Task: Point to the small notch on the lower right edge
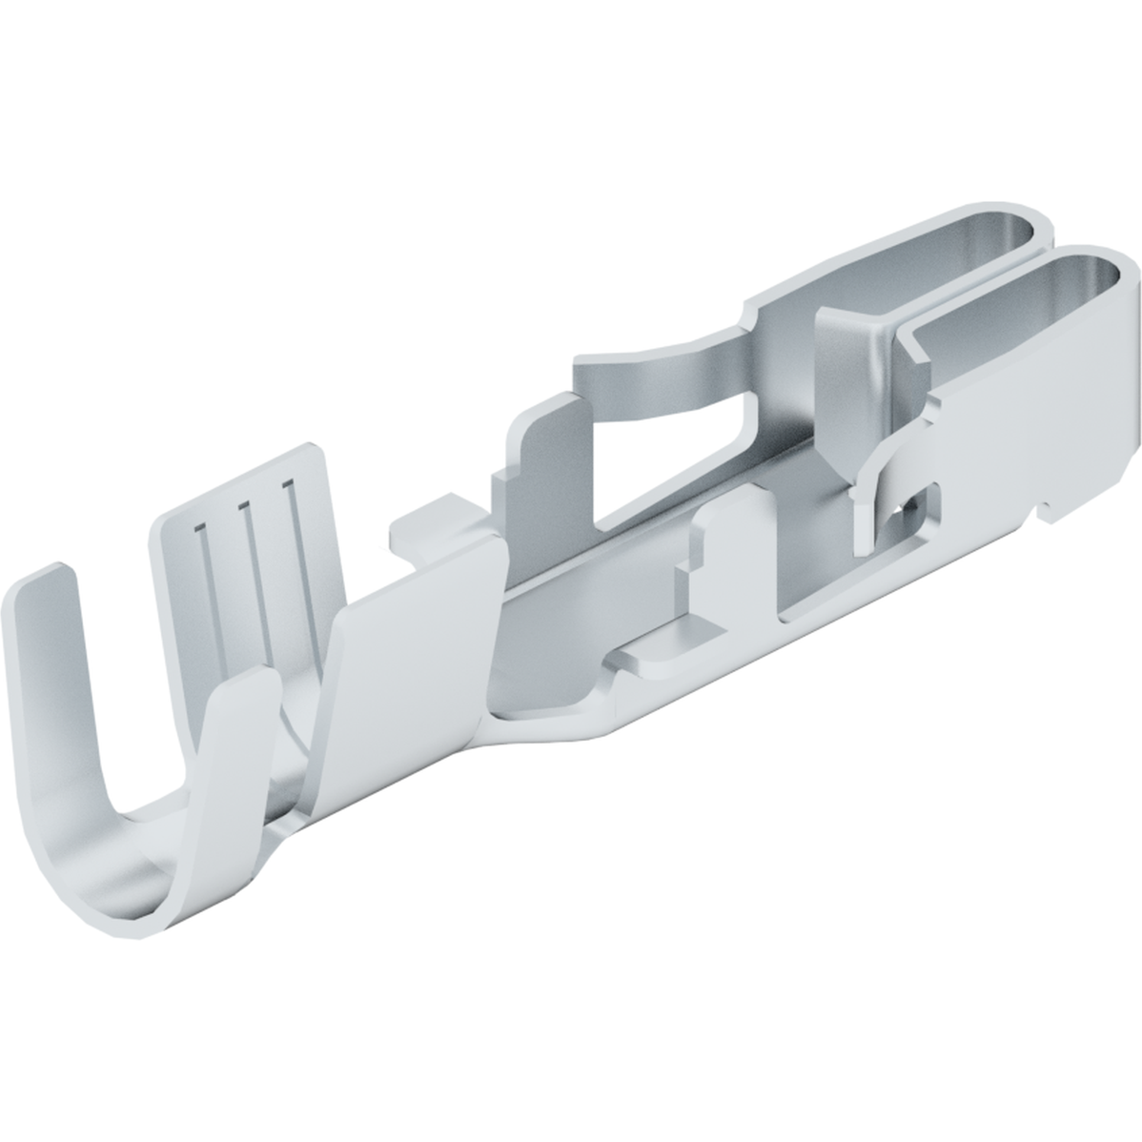tap(1049, 515)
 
